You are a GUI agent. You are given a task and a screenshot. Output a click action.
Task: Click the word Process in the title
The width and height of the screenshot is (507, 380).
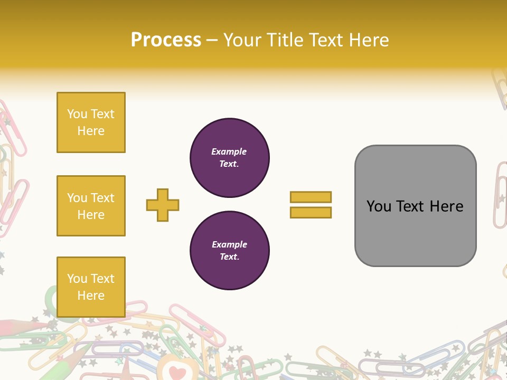coord(166,40)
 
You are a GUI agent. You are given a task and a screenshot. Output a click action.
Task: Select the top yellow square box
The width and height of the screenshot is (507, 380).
coord(91,122)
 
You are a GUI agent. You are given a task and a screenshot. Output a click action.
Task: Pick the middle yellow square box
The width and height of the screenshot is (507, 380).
coord(91,206)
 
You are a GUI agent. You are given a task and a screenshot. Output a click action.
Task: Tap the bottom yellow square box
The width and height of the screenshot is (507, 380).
coord(91,287)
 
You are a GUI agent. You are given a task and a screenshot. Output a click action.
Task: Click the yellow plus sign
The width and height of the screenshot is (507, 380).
coord(163,205)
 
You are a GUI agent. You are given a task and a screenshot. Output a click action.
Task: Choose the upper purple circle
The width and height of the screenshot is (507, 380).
coord(230,158)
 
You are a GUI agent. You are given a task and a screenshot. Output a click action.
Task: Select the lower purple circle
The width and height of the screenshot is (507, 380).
coord(230,251)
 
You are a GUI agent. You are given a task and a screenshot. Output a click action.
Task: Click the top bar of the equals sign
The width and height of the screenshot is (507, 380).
coord(311,197)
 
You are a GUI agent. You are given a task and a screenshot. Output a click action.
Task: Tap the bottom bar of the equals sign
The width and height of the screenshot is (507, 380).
coord(311,212)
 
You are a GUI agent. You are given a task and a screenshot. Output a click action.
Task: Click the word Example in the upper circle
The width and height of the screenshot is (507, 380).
coord(229,151)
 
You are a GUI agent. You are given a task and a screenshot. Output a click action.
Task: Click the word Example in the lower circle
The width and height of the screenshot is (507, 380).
coord(229,244)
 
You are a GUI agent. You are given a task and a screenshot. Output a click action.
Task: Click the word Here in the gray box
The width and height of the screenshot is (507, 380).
coord(446,206)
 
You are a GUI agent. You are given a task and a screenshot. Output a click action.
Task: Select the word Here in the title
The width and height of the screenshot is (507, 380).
coord(368,40)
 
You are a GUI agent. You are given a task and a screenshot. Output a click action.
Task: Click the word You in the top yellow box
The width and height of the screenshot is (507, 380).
coord(77,114)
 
